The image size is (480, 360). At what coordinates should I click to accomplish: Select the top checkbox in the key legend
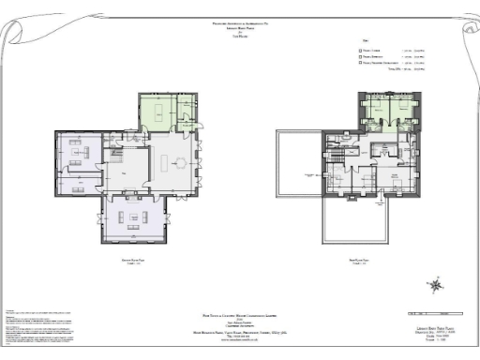pyautogui.click(x=363, y=51)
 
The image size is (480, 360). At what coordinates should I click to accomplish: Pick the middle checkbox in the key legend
pyautogui.click(x=363, y=59)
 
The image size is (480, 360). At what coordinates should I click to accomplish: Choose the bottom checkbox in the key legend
pyautogui.click(x=363, y=67)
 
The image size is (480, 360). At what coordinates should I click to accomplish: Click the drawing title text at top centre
pyautogui.click(x=240, y=29)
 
